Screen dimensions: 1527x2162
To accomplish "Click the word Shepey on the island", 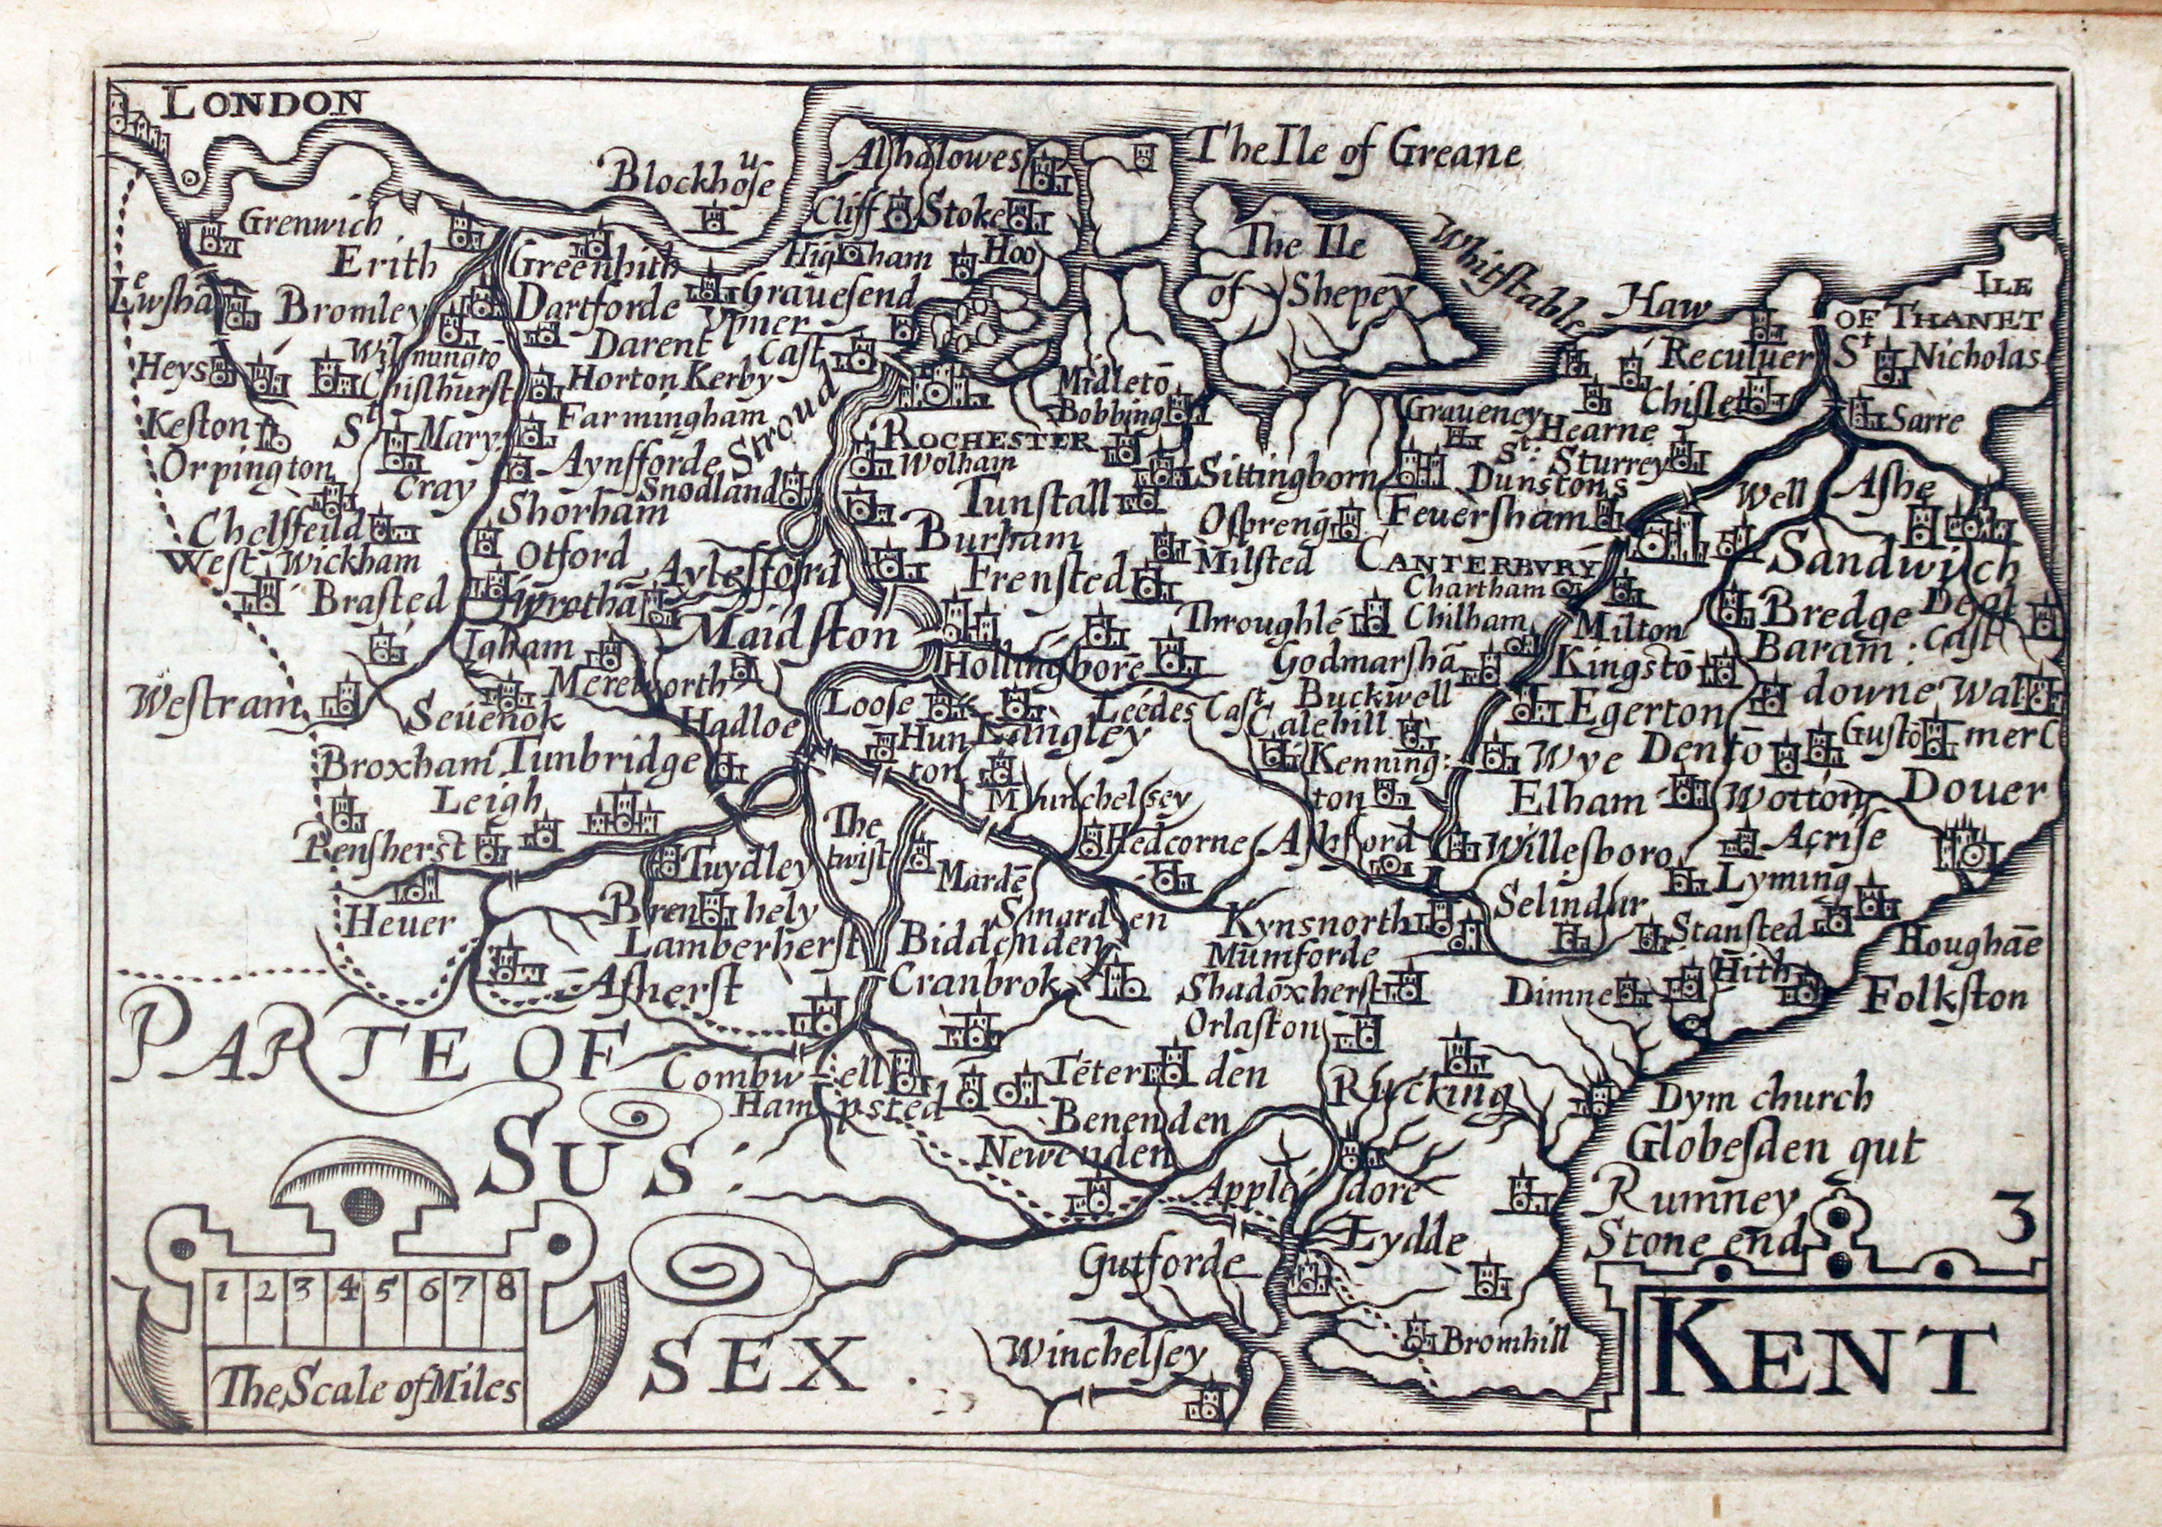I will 1343,295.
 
